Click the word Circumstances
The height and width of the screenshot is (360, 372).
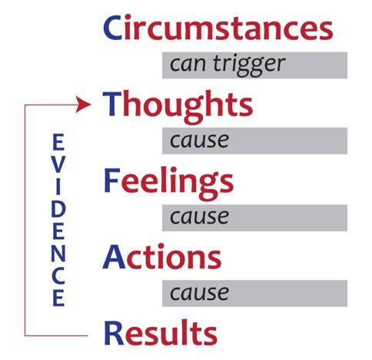(218, 27)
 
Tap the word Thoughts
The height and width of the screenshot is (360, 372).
(178, 107)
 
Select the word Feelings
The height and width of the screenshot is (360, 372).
(169, 183)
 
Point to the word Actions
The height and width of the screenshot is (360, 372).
(162, 257)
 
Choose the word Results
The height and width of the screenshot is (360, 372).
(161, 332)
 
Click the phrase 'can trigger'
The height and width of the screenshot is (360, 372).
(228, 65)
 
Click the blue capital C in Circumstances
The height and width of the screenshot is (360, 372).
(112, 28)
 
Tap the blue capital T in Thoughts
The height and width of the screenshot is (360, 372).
(112, 104)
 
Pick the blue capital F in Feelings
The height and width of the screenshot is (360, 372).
(112, 180)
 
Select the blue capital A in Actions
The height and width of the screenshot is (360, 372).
(114, 256)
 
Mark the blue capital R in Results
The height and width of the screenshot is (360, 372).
(115, 332)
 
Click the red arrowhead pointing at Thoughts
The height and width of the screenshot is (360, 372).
(83, 105)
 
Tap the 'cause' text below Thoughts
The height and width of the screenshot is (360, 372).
(199, 141)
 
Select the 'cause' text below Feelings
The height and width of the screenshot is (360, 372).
(199, 217)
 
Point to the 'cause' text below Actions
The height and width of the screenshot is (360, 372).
(199, 293)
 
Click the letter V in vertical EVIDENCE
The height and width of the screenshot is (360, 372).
(58, 165)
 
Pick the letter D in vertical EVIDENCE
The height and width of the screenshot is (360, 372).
(58, 210)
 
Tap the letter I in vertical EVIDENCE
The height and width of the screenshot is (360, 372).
(58, 187)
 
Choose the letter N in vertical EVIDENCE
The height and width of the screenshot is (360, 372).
(58, 254)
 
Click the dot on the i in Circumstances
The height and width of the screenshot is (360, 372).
(128, 17)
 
